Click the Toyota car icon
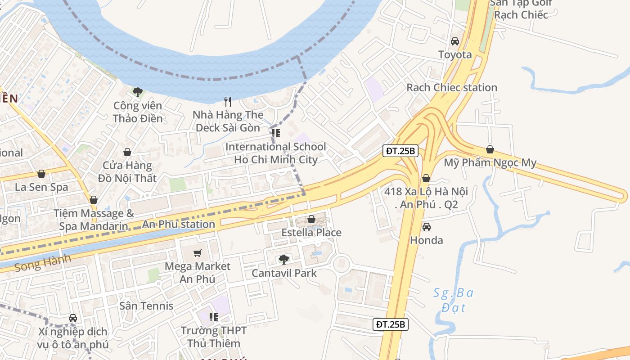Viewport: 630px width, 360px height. click(455, 41)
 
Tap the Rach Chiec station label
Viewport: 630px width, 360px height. click(452, 87)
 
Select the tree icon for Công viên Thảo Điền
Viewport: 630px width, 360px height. click(137, 92)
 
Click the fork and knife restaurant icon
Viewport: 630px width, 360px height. click(228, 102)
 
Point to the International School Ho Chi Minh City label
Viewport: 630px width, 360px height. click(275, 153)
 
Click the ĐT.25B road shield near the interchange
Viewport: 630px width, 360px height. click(400, 151)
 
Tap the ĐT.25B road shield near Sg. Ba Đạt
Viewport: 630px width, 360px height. click(391, 324)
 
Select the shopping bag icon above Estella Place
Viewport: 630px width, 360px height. click(311, 219)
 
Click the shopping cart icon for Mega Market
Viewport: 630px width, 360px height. click(197, 253)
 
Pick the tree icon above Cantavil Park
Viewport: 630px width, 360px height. click(283, 259)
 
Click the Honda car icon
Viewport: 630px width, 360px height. click(426, 227)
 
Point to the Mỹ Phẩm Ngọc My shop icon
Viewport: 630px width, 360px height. click(490, 149)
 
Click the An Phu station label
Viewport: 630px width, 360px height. click(179, 224)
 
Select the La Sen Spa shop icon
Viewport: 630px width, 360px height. click(41, 174)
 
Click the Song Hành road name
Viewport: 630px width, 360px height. click(43, 263)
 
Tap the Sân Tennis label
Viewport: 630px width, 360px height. click(146, 306)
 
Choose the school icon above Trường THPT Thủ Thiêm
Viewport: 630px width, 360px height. click(214, 317)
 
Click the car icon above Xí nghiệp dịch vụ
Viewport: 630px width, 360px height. click(73, 318)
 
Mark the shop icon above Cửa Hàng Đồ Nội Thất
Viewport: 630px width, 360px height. click(127, 152)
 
